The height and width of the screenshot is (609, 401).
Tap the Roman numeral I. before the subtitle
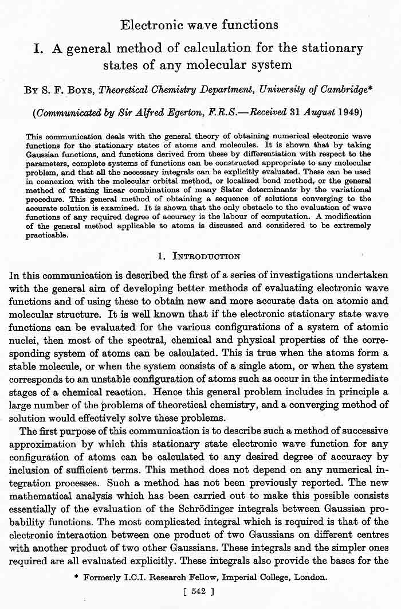(40, 48)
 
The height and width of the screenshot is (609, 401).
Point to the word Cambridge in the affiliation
(338, 89)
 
